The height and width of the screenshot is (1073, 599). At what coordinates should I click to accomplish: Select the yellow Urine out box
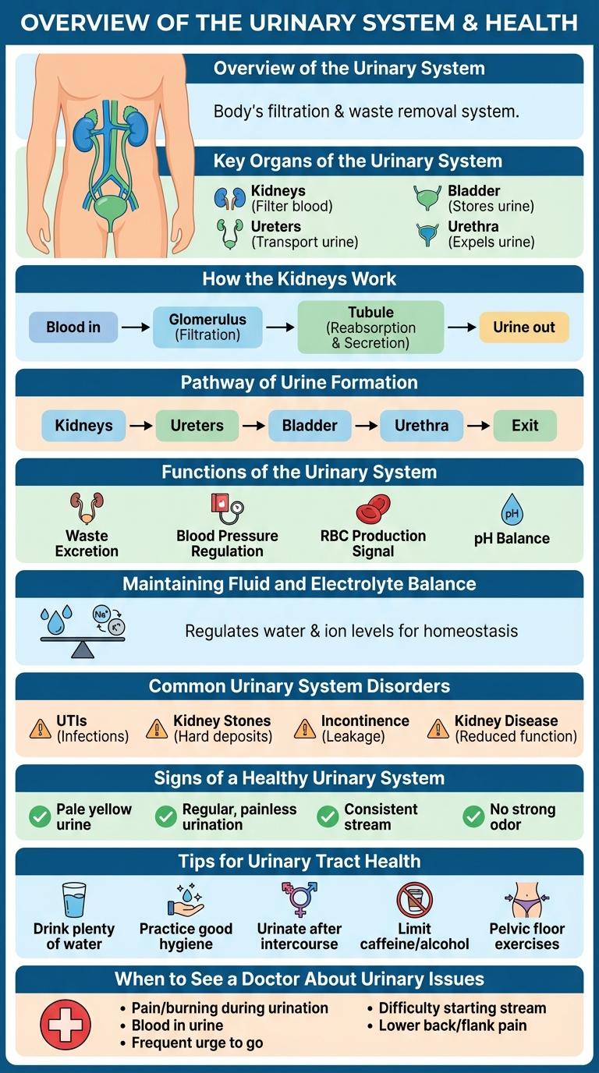coord(524,328)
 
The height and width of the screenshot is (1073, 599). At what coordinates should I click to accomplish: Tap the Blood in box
coord(73,328)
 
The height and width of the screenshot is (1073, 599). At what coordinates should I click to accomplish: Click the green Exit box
coord(525,426)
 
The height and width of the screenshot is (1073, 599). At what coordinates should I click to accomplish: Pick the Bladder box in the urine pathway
coord(310,426)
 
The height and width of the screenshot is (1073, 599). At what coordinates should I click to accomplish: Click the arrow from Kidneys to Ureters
coord(140,426)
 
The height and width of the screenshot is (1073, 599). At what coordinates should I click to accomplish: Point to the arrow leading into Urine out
coord(461,328)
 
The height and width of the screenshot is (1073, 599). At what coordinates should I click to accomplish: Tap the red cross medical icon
coord(65,1024)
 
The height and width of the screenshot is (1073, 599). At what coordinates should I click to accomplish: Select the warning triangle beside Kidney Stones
coord(157,729)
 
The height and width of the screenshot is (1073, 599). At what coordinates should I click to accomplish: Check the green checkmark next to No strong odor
coord(473,816)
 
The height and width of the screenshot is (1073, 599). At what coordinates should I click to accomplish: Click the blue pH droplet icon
coord(512,511)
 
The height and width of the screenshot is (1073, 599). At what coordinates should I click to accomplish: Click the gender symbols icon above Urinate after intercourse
coord(299,899)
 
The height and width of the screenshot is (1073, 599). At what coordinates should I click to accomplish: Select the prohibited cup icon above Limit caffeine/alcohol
coord(414,899)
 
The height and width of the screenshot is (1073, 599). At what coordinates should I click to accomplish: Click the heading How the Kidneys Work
coord(299,279)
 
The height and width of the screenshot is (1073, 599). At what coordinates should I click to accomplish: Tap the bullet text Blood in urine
coord(178,1025)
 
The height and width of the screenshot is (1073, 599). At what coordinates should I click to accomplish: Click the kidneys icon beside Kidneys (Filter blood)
coord(229,198)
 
